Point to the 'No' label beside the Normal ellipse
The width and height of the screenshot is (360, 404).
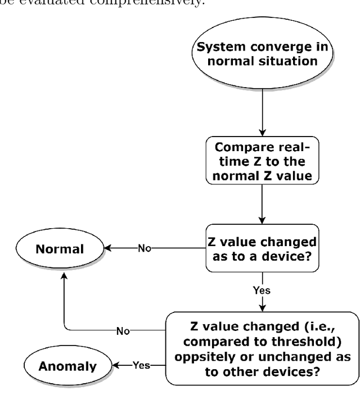click(x=145, y=248)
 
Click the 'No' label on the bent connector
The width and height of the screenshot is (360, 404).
click(x=123, y=330)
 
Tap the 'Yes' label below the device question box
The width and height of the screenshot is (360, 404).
click(x=262, y=290)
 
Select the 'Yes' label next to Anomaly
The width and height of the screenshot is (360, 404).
click(x=142, y=365)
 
